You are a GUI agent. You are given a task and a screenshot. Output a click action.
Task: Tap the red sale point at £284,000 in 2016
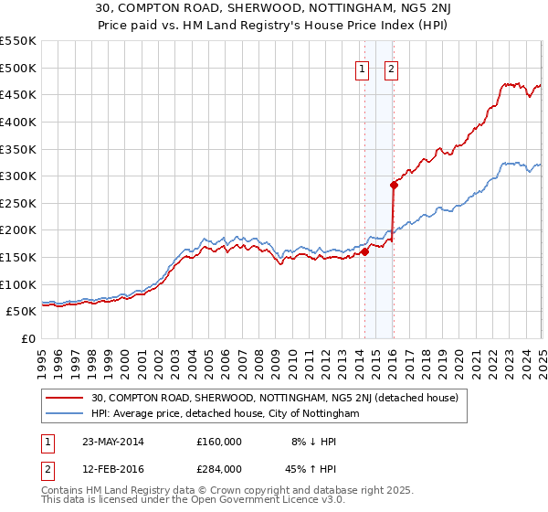(394, 185)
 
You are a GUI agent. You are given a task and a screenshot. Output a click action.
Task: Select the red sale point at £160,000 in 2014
(364, 251)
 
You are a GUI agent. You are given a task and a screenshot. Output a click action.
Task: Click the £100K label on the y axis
(18, 284)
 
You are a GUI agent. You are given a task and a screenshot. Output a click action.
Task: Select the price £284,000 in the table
(218, 468)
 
